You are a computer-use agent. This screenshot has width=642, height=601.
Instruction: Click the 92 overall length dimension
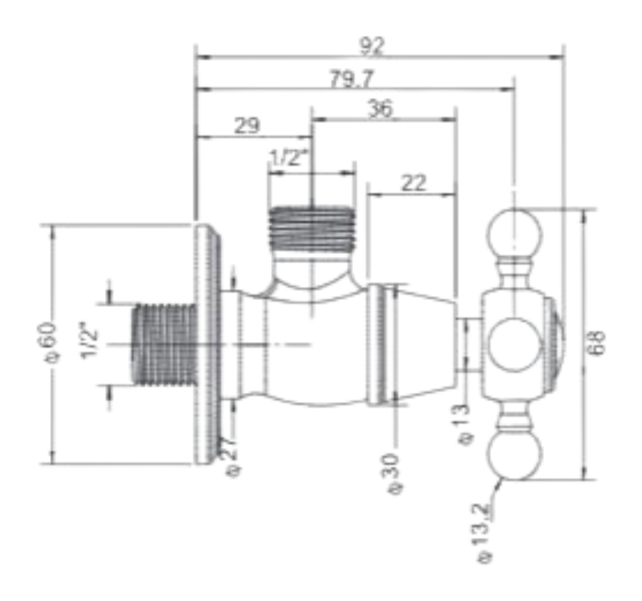[x=372, y=46]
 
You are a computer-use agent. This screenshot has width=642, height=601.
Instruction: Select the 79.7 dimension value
[x=352, y=79]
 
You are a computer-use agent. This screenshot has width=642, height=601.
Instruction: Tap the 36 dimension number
[x=380, y=109]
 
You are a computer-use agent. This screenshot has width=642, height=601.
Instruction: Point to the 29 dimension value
[x=247, y=125]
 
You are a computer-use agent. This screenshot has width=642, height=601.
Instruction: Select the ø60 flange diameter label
[x=46, y=343]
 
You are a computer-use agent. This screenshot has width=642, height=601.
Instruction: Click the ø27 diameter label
[x=231, y=458]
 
